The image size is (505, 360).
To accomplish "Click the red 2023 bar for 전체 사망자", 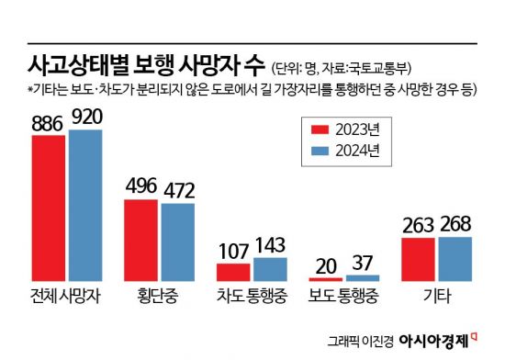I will (48, 208).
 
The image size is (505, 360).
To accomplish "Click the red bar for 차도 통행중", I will (233, 272).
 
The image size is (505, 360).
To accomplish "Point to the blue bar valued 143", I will (270, 269).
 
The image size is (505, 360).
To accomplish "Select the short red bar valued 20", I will (326, 278).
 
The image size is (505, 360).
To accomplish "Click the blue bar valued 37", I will (362, 277).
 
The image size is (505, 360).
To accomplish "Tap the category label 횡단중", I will (159, 297).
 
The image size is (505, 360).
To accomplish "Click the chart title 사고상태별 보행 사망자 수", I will (135, 66).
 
